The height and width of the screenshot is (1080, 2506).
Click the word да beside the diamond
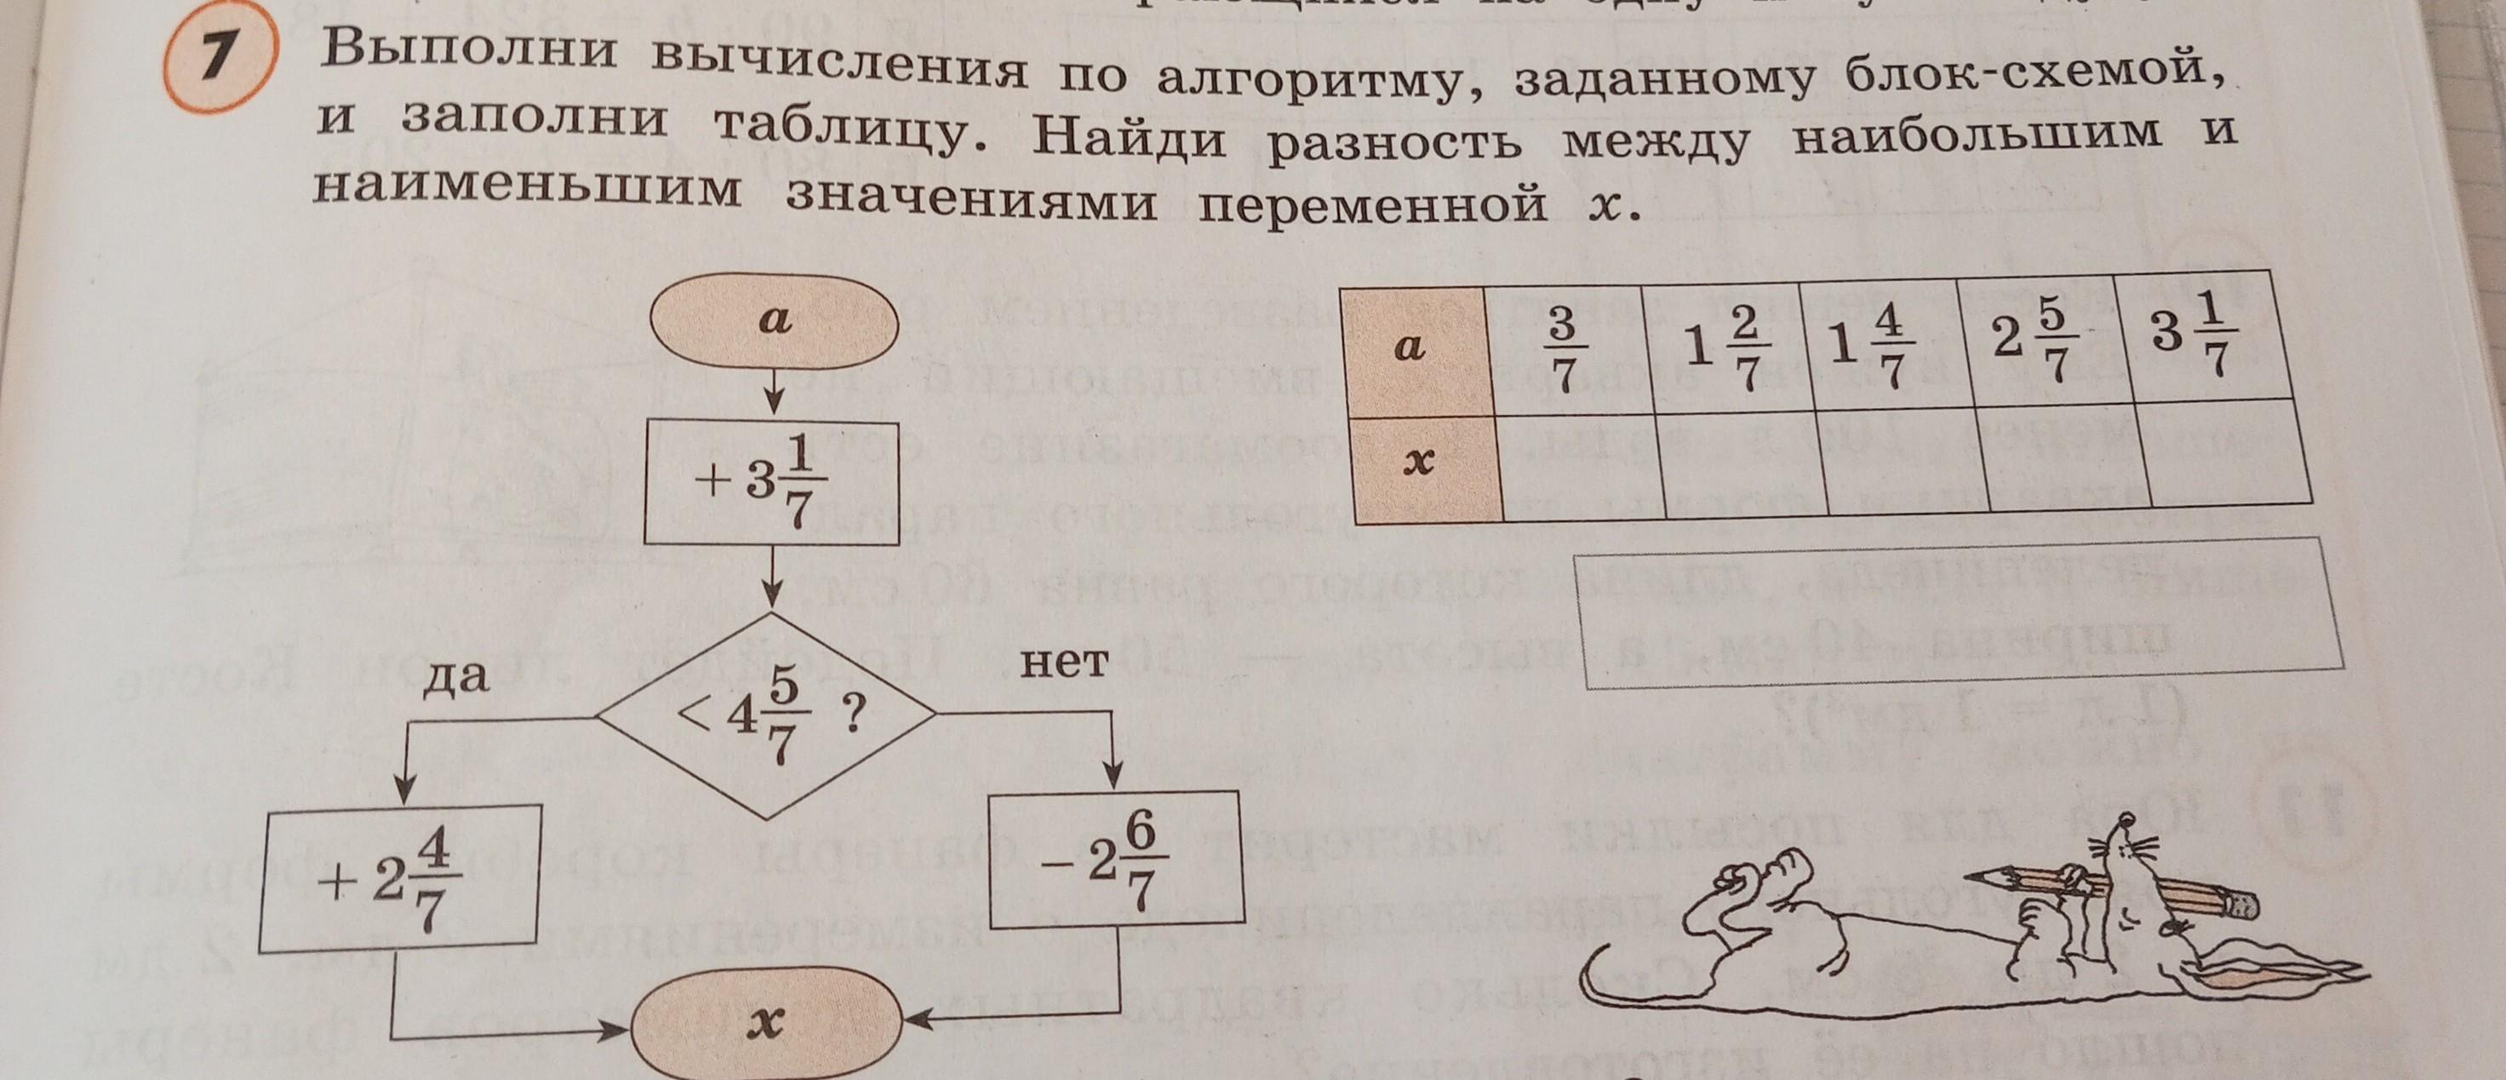[455, 675]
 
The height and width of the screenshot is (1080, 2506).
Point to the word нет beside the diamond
[1064, 663]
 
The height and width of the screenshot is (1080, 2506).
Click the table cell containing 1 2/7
[1725, 348]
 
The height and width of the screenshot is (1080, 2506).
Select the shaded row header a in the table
[1414, 348]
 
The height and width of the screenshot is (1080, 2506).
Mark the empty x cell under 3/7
[1581, 464]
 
